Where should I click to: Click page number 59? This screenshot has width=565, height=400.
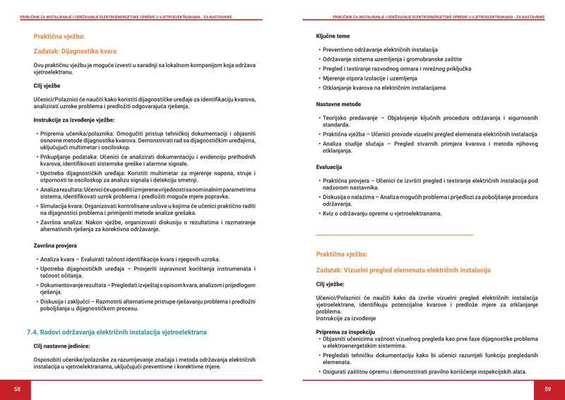547,389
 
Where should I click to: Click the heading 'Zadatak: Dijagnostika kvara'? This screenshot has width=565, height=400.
75,51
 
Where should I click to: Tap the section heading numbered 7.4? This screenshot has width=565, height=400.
117,331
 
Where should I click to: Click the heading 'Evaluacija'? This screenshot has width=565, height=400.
329,167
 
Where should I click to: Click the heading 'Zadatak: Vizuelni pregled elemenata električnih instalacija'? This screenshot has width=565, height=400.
403,271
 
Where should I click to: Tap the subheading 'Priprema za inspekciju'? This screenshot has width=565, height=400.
345,331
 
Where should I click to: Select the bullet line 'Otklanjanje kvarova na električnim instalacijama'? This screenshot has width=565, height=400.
384,88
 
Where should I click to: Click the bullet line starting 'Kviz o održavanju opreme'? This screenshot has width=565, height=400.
382,213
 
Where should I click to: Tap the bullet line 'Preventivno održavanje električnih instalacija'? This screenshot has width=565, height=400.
380,50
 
